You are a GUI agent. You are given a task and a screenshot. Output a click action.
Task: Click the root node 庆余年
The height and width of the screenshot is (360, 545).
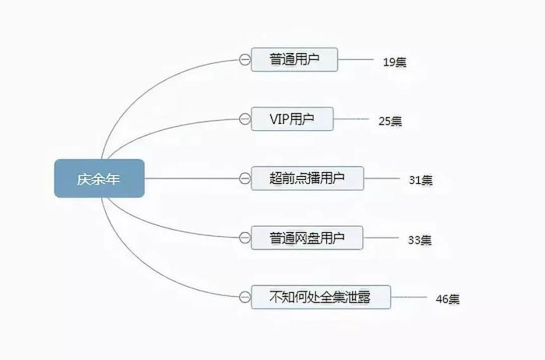(100, 178)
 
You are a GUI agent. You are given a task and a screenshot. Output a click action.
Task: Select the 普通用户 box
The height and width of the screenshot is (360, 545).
(294, 59)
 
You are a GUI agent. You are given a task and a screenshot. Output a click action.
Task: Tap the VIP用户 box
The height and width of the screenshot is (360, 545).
(292, 119)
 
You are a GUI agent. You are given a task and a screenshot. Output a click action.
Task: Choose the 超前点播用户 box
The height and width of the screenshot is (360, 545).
(308, 178)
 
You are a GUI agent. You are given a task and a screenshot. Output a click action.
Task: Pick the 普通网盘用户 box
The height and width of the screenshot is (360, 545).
(307, 238)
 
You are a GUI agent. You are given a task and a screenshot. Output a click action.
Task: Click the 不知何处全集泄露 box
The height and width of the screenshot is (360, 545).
(321, 297)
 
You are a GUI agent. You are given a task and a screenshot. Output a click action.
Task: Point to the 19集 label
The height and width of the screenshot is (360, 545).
(395, 62)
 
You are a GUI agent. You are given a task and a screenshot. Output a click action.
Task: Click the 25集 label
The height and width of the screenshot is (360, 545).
(390, 121)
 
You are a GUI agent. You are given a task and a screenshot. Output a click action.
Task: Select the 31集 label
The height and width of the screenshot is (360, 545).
(420, 180)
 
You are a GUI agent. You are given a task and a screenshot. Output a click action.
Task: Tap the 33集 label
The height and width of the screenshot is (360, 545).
(420, 240)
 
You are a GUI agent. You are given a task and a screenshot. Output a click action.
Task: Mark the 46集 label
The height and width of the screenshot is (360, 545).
(448, 299)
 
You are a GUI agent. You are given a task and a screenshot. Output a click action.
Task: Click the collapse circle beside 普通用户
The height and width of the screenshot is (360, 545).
(244, 60)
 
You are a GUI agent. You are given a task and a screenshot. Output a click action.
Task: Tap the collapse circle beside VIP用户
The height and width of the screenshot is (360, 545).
(244, 119)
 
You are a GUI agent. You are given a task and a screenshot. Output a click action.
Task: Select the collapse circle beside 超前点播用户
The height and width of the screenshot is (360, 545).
(244, 178)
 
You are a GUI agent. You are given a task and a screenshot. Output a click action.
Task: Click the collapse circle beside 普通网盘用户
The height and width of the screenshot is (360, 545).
(244, 238)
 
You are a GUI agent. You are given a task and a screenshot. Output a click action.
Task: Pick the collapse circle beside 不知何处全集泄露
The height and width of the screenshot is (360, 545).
(244, 298)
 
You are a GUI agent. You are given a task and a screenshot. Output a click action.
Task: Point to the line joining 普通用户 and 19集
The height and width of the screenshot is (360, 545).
(355, 59)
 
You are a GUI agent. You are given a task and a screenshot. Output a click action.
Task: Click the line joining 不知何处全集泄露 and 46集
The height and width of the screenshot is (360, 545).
(409, 297)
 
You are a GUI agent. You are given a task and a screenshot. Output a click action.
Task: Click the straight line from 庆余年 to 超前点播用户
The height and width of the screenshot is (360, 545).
(192, 178)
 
